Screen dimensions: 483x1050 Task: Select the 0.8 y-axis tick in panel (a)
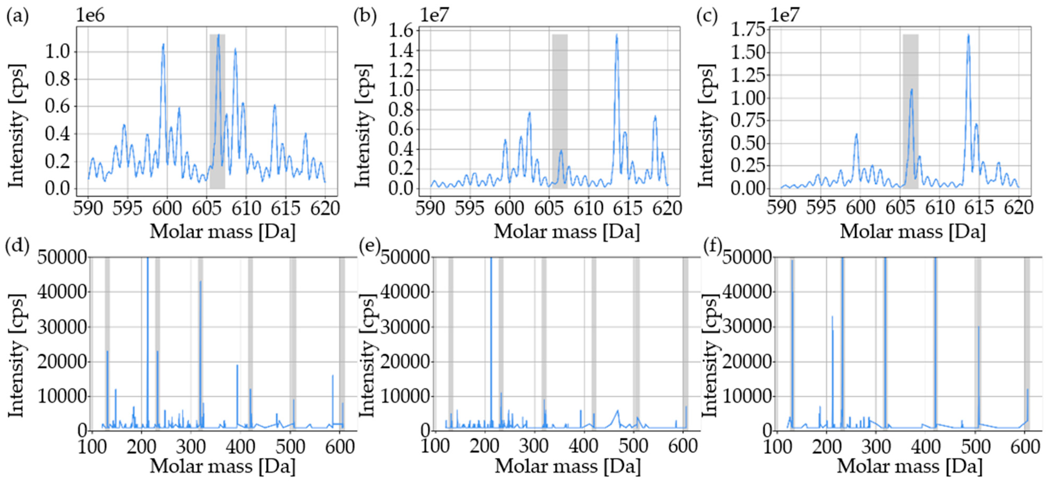[57, 79]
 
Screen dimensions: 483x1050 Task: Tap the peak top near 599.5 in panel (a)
[163, 44]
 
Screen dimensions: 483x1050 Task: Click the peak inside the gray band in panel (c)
[911, 90]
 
